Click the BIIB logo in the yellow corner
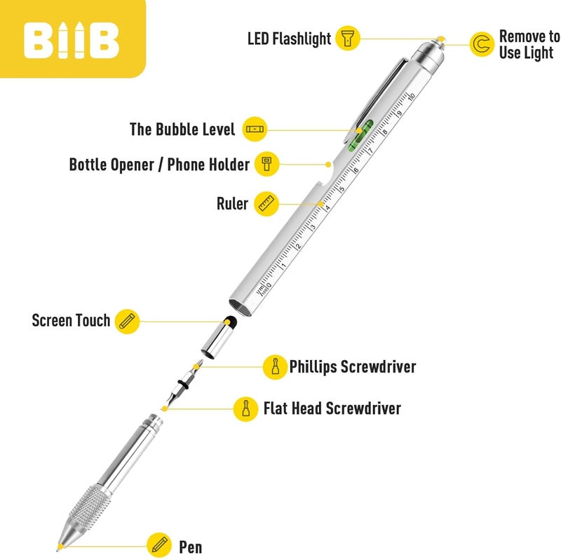pos(72,40)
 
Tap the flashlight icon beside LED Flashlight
pos(347,38)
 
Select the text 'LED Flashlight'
pos(289,39)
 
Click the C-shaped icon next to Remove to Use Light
pos(482,44)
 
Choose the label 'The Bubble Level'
pos(182,130)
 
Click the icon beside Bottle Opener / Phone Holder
pos(266,165)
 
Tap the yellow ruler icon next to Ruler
pos(266,204)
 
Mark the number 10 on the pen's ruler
pos(411,95)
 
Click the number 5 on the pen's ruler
pos(342,189)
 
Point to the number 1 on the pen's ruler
pos(284,265)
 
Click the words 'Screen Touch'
pos(71,320)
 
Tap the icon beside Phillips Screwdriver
pos(275,366)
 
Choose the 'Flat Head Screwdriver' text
pos(332,408)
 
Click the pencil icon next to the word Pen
pos(159,545)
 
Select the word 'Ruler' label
pos(232,204)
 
